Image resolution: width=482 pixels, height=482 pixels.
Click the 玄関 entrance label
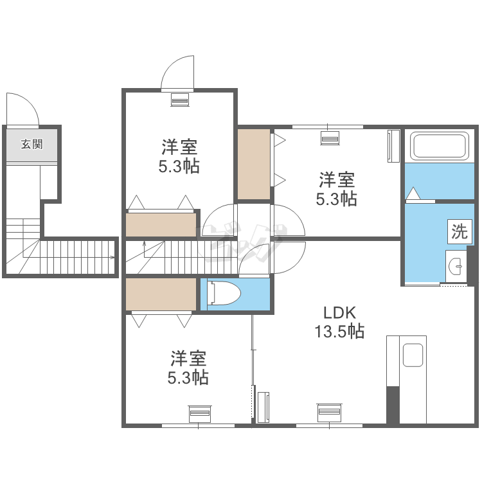31,144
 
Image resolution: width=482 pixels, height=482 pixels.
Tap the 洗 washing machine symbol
460,231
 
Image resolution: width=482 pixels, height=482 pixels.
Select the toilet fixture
224,293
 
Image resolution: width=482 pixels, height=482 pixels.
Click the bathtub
440,147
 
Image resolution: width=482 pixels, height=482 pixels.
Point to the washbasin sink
456,266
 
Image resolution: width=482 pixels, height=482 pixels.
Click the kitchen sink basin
413,355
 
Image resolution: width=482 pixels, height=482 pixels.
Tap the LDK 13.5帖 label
339,322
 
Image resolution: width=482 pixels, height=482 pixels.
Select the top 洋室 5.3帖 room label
179,156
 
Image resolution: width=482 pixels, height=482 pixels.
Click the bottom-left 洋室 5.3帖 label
188,368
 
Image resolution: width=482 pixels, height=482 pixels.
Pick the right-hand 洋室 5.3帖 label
337,189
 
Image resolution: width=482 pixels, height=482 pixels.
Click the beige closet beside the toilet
161,294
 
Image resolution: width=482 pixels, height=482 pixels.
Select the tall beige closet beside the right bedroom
254,164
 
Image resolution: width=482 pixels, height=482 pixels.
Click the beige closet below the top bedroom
161,225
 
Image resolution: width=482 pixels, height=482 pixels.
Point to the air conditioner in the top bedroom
180,100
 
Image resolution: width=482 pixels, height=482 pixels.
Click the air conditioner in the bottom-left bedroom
200,413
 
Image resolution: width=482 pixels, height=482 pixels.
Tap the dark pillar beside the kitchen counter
393,405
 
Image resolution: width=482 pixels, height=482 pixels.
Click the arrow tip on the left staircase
114,257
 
